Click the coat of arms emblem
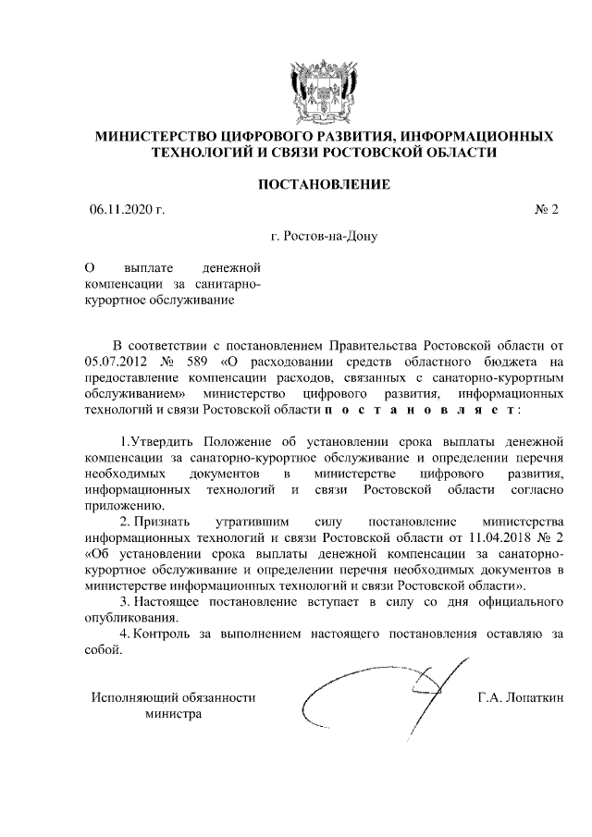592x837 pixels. point(323,90)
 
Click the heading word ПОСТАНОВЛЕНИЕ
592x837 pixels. point(323,186)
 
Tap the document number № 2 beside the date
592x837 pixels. point(547,211)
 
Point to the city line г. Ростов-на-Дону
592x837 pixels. point(324,236)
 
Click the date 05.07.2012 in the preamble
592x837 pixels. point(113,363)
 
